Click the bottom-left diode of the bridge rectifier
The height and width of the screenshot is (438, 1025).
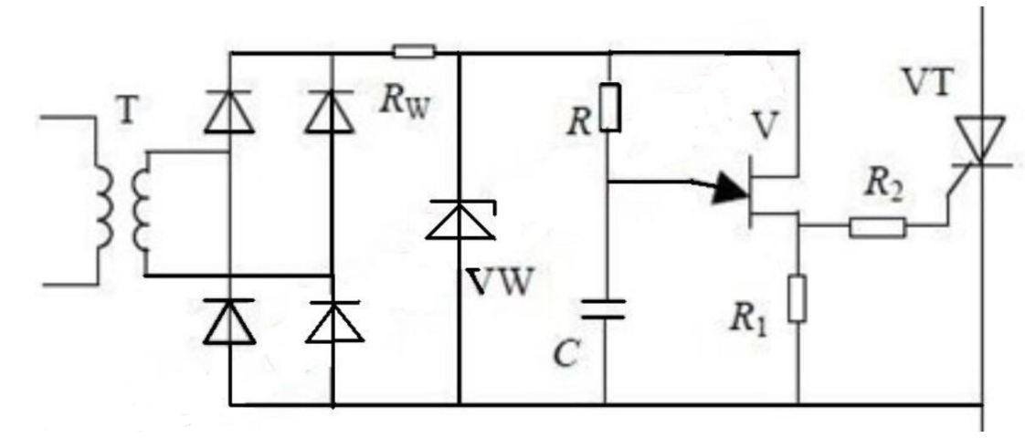(228, 321)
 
